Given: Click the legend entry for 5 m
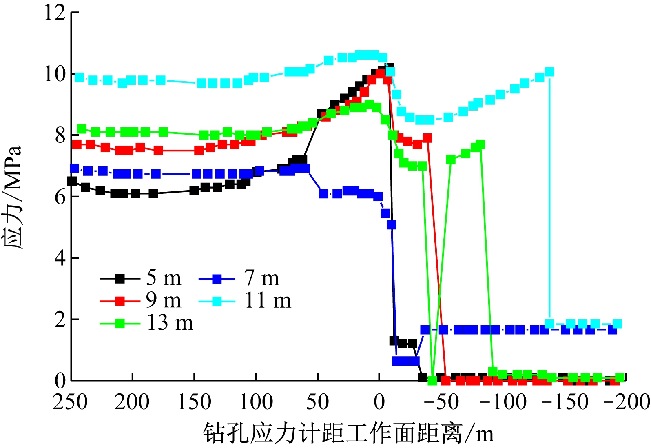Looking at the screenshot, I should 141,279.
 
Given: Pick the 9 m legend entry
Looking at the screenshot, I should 141,301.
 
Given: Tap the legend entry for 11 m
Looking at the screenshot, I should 245,301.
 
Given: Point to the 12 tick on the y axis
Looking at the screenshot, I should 55,13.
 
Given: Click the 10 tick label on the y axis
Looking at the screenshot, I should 55,74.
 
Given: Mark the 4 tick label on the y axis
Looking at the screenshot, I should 60,258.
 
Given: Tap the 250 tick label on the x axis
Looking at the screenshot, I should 70,402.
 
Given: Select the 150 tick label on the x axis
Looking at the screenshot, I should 194,402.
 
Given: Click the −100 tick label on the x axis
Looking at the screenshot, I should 503,402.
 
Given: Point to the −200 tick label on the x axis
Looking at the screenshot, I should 627,402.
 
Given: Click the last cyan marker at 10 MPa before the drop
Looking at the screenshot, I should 549,72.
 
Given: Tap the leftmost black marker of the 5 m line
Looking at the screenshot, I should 72,181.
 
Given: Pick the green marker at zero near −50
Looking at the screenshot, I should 432,380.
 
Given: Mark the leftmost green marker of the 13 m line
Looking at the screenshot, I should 82,129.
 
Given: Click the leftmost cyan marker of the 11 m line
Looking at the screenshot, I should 80,78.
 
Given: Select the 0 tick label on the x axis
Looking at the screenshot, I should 379,402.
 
